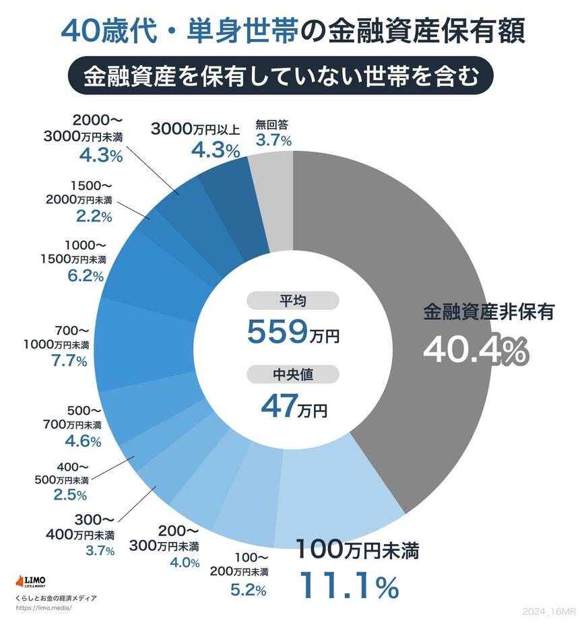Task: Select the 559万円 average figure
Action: click(292, 331)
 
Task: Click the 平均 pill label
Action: click(292, 300)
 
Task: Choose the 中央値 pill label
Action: click(292, 374)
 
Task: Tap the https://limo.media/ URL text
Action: click(42, 607)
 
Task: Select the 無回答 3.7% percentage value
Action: click(273, 140)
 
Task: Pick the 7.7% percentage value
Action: click(69, 360)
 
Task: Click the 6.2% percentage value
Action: click(86, 275)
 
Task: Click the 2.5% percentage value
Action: click(69, 495)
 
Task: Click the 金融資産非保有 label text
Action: click(488, 312)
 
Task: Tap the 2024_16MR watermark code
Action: click(548, 610)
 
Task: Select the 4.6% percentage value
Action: click(84, 442)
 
